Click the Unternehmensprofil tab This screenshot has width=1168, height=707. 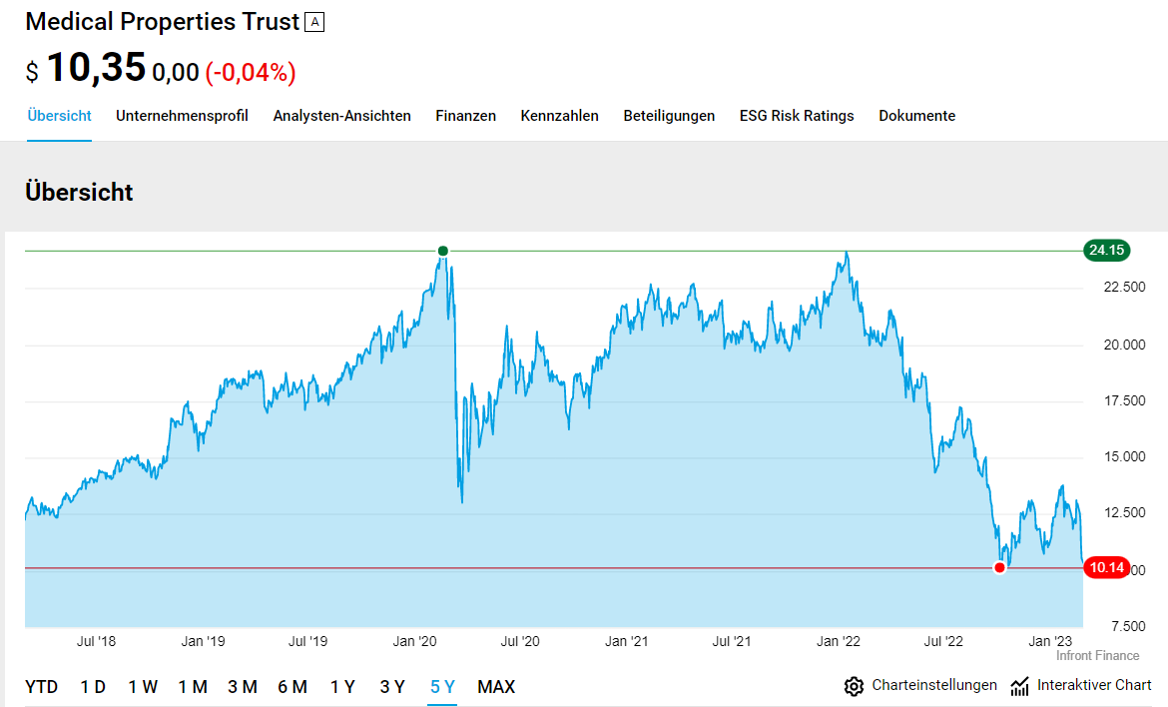pos(182,116)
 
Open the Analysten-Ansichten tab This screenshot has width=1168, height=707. pos(341,116)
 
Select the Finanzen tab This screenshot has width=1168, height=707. pos(465,116)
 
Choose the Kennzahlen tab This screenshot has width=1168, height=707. pos(559,116)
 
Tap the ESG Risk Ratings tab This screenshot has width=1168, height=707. pos(797,116)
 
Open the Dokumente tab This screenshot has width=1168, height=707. pos(916,116)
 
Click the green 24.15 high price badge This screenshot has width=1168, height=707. pos(1107,251)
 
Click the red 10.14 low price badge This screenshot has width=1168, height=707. pos(1107,568)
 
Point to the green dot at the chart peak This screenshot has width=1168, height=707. pos(443,251)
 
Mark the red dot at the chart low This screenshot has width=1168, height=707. pos(999,568)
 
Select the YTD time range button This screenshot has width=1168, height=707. pos(41,687)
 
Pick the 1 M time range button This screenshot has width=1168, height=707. pos(193,687)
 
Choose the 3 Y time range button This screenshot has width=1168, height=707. pos(392,687)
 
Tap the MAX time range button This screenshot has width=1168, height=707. pos(496,687)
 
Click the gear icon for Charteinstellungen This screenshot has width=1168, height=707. pos(854,686)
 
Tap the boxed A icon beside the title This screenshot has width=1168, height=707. pos(314,22)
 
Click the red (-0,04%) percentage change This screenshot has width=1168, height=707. pos(251,72)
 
